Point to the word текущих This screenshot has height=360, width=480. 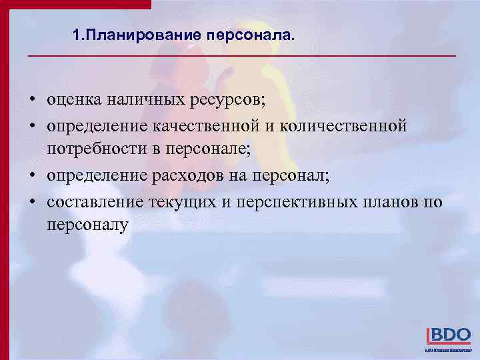point(184,201)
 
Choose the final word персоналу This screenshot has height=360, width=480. point(87,226)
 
